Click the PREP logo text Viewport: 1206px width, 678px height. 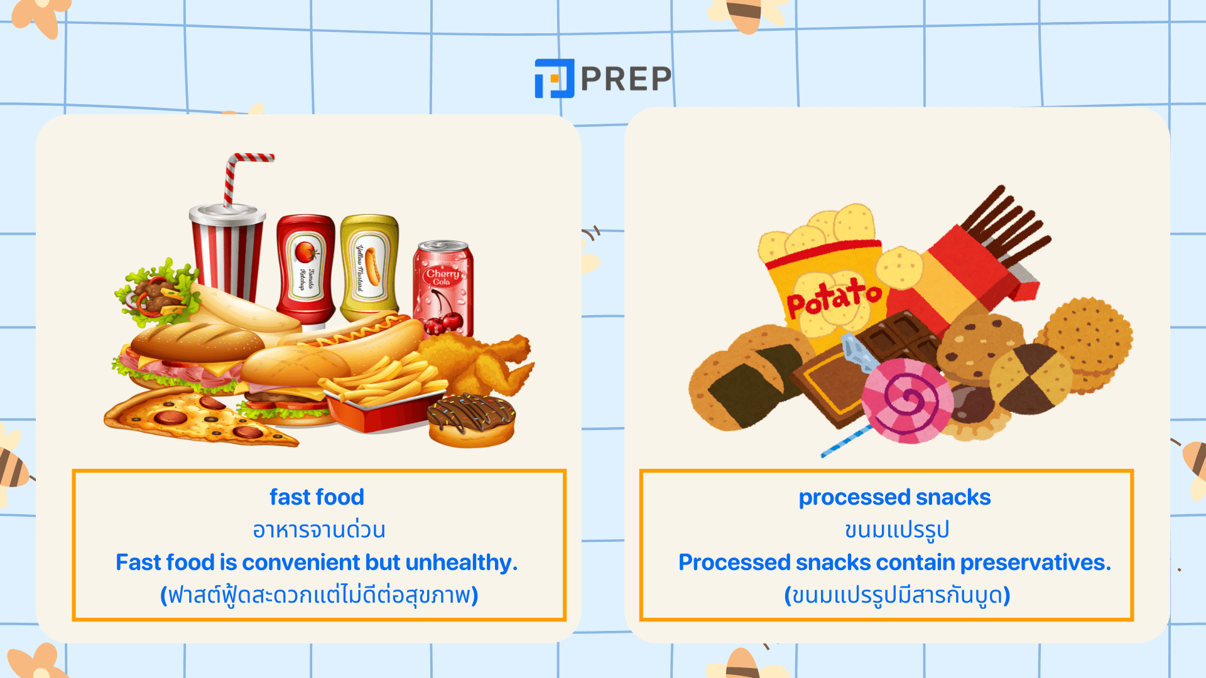[626, 78]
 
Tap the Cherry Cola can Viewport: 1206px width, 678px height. [443, 289]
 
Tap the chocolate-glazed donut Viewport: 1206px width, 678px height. [472, 420]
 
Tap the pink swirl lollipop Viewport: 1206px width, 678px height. [907, 401]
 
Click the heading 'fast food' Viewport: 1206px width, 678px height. [317, 497]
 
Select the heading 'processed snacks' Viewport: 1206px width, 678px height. [894, 498]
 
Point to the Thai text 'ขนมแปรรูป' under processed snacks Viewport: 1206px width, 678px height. [896, 530]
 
